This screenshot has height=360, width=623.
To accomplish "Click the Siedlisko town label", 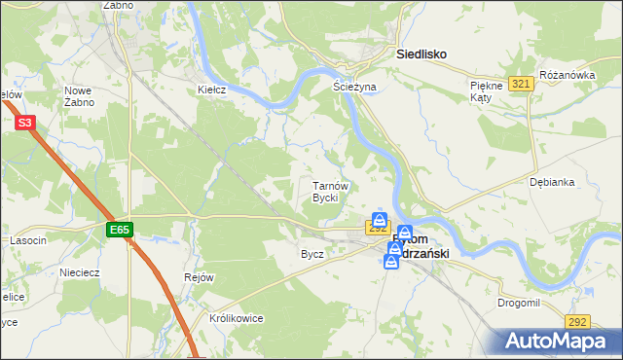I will [x=421, y=55].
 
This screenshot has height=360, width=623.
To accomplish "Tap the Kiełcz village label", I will [x=212, y=90].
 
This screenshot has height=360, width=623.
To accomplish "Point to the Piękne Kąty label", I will [x=485, y=92].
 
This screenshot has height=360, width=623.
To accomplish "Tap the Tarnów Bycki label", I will [x=324, y=191].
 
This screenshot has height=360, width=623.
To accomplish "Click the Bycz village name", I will [x=312, y=254].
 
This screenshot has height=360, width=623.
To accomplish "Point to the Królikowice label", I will [x=237, y=318].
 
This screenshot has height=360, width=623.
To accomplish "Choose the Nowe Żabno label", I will [x=78, y=95].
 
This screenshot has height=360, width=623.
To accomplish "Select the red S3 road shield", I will [x=25, y=123].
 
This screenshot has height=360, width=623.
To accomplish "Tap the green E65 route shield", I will [x=119, y=231].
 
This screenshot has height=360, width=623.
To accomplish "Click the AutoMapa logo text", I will [x=561, y=342].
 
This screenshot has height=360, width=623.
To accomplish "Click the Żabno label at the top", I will [x=117, y=5].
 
